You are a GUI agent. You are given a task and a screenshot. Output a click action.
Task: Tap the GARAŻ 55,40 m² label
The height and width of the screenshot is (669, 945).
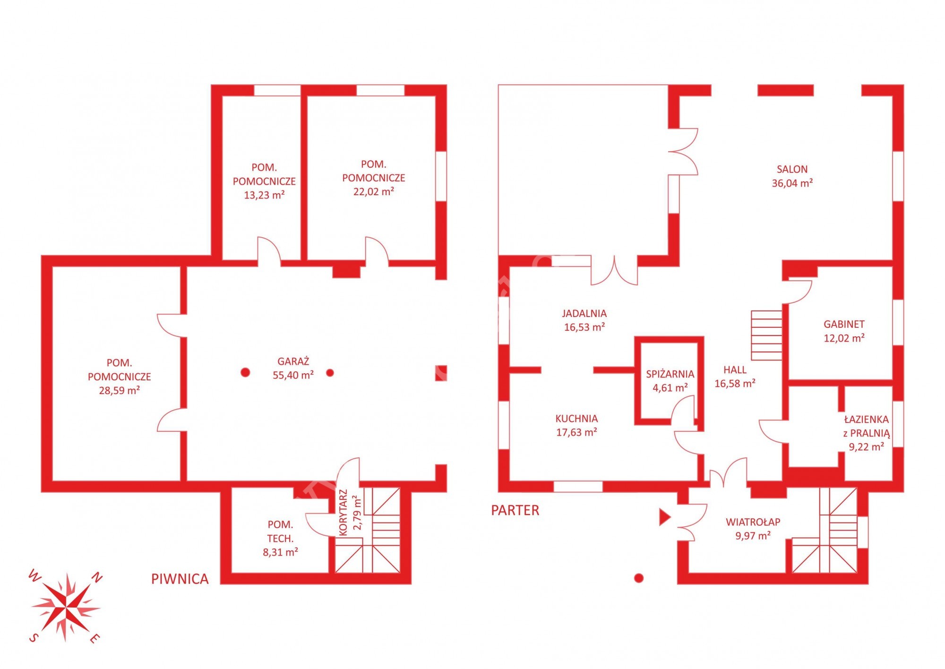[293, 368]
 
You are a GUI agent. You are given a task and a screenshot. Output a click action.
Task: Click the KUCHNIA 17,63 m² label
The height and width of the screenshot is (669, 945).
[576, 425]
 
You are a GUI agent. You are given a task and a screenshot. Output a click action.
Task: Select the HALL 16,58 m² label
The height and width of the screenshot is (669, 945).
[735, 377]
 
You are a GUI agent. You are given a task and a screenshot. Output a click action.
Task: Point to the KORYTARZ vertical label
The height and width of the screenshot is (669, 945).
[344, 513]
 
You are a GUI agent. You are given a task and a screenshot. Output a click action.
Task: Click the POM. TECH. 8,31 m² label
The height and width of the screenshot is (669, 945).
[280, 538]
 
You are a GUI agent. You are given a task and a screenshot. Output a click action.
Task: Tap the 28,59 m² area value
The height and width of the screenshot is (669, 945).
[120, 390]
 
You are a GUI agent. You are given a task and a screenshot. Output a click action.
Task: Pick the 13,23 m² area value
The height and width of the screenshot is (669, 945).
[264, 195]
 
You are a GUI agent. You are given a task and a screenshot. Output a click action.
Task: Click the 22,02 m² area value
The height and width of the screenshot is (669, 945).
[374, 191]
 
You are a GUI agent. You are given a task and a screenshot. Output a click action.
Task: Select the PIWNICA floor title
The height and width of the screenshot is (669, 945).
[180, 579]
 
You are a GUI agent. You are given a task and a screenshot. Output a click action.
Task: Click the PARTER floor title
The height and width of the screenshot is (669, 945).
[515, 510]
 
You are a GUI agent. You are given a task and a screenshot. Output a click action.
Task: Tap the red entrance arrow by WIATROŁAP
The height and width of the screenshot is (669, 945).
[665, 517]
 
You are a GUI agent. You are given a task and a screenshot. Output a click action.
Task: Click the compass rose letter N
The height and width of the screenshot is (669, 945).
[96, 577]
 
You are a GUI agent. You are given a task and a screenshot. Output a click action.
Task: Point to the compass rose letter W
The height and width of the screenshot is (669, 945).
[34, 575]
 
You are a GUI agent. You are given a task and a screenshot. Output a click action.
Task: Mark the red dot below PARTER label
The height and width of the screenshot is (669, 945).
[639, 578]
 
